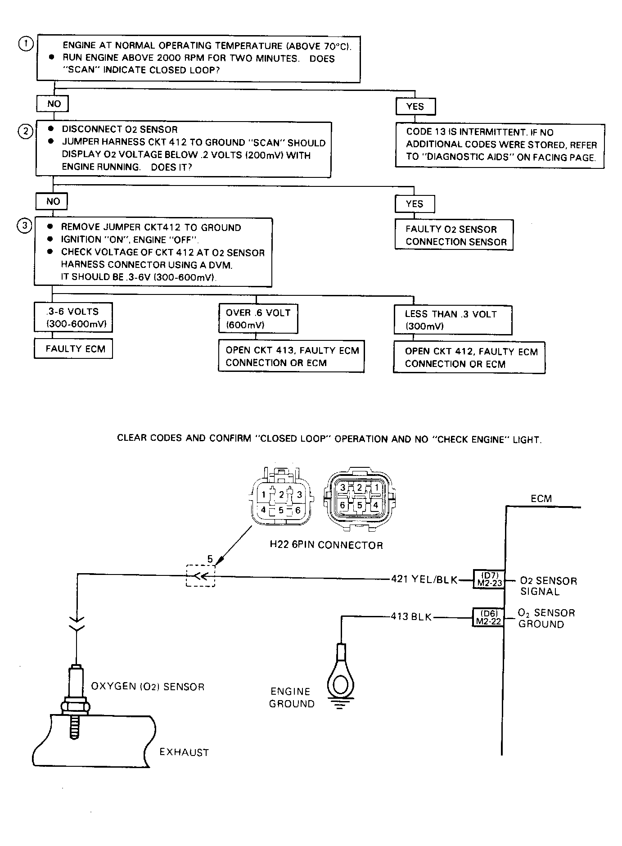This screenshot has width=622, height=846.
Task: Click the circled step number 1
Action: point(26,44)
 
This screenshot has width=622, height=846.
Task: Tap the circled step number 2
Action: point(25,131)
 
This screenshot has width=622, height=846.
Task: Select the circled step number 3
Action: point(24,226)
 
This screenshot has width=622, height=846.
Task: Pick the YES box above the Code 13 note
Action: point(415,106)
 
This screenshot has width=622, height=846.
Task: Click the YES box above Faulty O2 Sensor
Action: point(415,204)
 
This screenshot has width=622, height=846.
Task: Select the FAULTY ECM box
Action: point(73,348)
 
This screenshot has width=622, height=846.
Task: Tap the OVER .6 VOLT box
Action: point(258,318)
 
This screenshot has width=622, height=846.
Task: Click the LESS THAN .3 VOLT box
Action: point(453,320)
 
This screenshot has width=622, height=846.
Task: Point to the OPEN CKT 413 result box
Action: point(291,357)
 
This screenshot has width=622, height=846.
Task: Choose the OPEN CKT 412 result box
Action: point(469,358)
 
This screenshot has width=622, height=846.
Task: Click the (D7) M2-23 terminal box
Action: point(488,579)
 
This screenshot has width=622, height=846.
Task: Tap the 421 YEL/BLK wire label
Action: point(424,579)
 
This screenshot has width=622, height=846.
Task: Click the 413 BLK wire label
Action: point(411,617)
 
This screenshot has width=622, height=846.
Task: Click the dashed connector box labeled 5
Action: point(201,576)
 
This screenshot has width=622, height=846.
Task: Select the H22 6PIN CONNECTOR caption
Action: point(326,545)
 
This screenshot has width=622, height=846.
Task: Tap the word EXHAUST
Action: point(184,752)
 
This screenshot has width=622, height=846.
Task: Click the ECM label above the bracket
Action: point(541,498)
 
